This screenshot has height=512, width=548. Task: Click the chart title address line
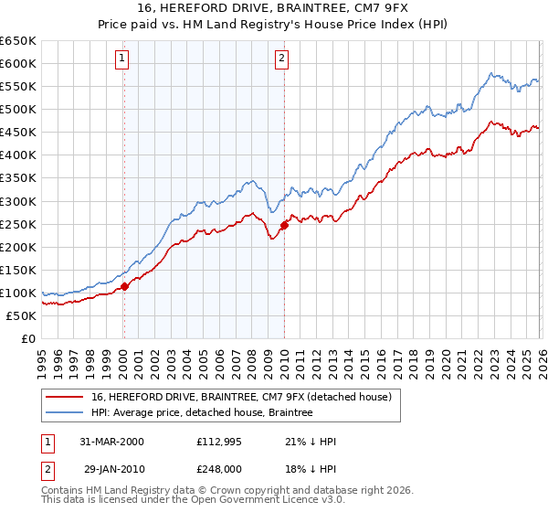pyautogui.click(x=274, y=10)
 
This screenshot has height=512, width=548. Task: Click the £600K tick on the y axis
pyautogui.click(x=18, y=64)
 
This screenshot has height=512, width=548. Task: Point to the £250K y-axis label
pyautogui.click(x=18, y=224)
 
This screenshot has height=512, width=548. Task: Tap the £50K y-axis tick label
pyautogui.click(x=21, y=315)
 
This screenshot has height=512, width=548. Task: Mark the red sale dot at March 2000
pyautogui.click(x=124, y=286)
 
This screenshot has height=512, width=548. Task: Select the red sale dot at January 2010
pyautogui.click(x=284, y=225)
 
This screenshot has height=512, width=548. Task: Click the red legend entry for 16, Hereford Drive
pyautogui.click(x=241, y=397)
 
